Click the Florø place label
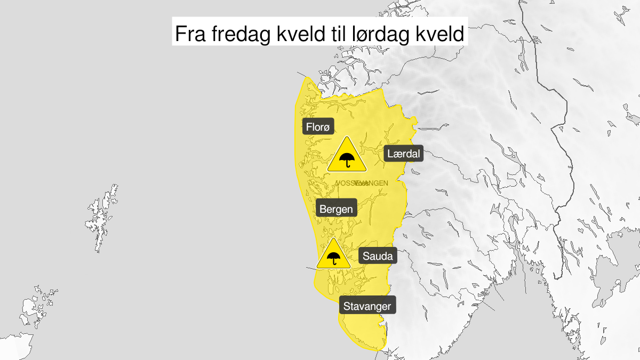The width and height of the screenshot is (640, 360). tap(318, 127)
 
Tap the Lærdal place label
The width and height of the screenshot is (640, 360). tap(403, 155)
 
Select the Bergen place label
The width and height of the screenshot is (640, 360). tap(336, 209)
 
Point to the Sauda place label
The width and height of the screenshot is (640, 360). tap(378, 256)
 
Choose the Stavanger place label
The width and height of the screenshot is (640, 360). tap(367, 306)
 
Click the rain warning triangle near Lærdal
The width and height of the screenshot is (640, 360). tap(347, 156)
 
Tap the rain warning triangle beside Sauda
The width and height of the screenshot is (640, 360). tap(333, 255)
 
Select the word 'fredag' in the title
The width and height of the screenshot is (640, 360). tap(244, 34)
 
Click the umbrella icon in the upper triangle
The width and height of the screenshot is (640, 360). tap(347, 159)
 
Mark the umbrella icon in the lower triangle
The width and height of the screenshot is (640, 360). tap(333, 259)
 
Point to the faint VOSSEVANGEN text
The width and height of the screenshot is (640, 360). tap(362, 183)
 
